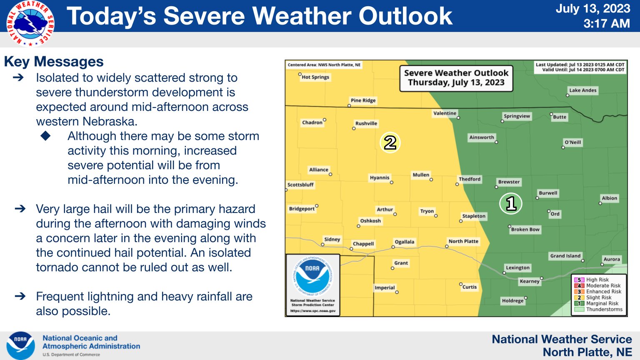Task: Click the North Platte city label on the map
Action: click(x=463, y=241)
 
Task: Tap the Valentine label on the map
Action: click(x=445, y=113)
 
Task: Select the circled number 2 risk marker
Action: click(x=390, y=142)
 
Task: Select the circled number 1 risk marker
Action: click(x=511, y=203)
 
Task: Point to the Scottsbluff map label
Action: click(x=300, y=185)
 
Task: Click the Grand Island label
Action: click(x=565, y=256)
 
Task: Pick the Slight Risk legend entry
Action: click(x=598, y=297)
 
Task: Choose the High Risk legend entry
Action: click(x=597, y=280)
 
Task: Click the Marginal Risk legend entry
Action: click(x=602, y=303)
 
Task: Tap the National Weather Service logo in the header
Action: click(x=30, y=23)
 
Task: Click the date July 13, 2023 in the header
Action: click(x=592, y=9)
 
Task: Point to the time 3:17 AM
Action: click(x=606, y=24)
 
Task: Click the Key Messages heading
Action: click(x=54, y=62)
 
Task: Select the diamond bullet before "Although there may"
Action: click(x=46, y=136)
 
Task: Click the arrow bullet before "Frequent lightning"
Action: click(x=20, y=296)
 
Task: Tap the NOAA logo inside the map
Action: click(x=312, y=276)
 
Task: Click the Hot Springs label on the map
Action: click(x=315, y=77)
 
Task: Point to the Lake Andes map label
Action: click(x=582, y=90)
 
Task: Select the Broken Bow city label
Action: click(x=525, y=230)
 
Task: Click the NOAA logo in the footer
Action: click(x=21, y=345)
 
